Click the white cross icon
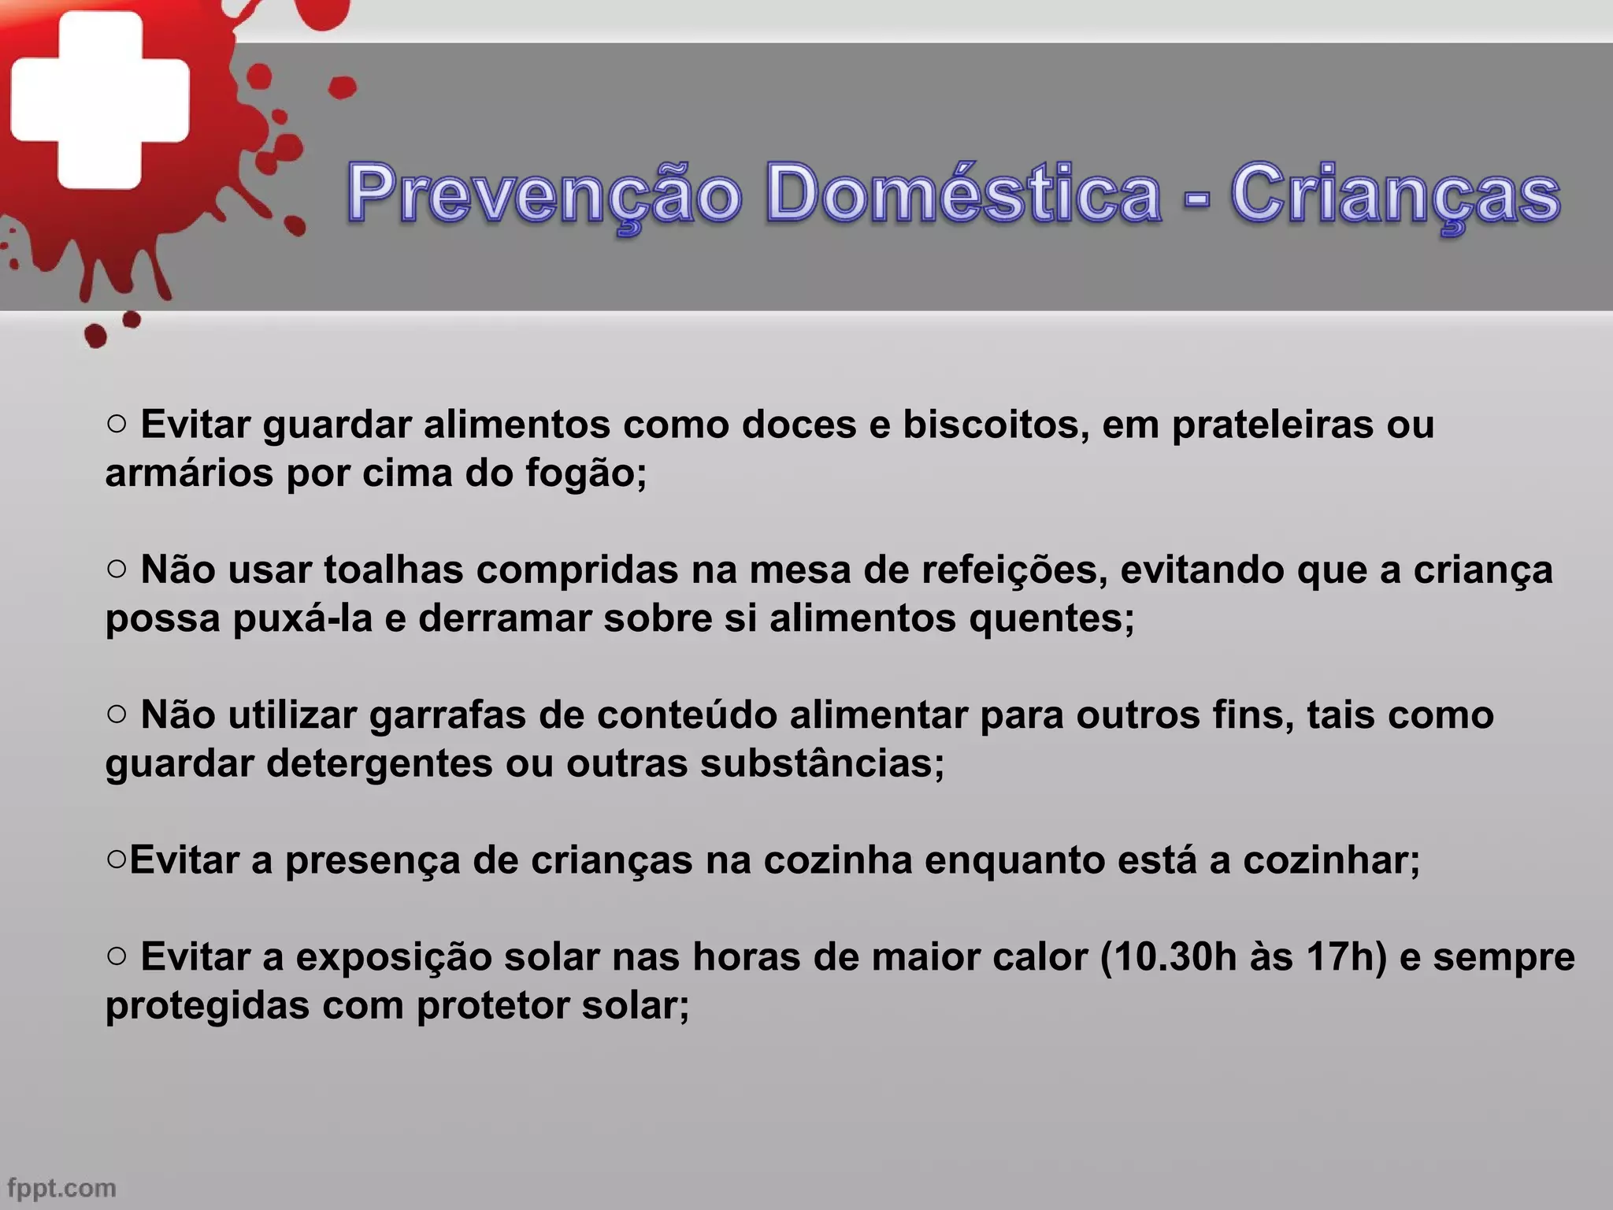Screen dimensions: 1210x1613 coord(100,99)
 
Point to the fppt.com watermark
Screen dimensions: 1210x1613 coord(61,1187)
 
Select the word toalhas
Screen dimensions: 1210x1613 coord(393,570)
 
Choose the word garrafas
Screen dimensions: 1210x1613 coord(447,715)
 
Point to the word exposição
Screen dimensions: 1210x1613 coord(394,958)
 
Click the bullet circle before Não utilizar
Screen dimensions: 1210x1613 coord(116,713)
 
